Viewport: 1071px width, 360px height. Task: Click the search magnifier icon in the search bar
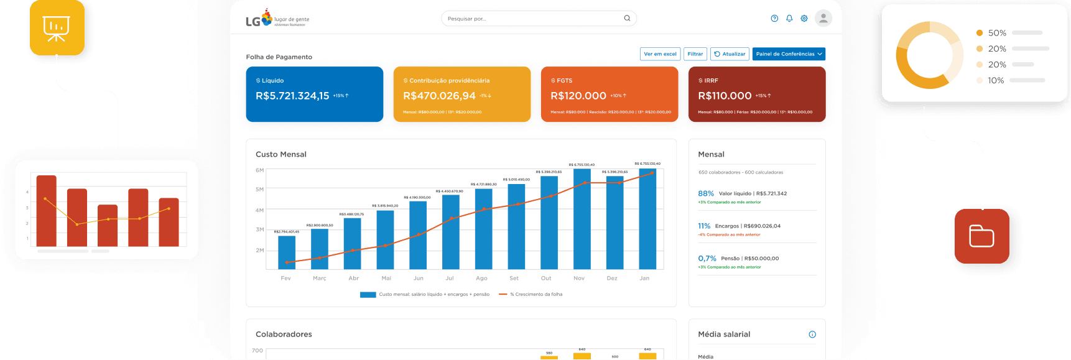click(x=627, y=18)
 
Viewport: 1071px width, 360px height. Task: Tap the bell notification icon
click(x=789, y=19)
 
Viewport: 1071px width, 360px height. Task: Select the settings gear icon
click(x=804, y=19)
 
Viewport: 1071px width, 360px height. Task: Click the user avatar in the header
click(x=823, y=18)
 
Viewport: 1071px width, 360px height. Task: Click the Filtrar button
click(x=695, y=54)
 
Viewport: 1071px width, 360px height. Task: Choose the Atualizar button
click(x=730, y=54)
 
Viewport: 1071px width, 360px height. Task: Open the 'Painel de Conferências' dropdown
click(x=789, y=54)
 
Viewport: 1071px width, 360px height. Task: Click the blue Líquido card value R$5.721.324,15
click(x=292, y=96)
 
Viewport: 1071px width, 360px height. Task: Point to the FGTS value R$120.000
click(x=578, y=96)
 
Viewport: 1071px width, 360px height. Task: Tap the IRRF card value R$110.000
click(x=725, y=96)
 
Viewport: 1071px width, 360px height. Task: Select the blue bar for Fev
click(x=287, y=252)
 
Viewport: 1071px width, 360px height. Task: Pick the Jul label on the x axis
click(x=450, y=279)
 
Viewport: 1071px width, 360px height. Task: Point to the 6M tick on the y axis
click(x=259, y=170)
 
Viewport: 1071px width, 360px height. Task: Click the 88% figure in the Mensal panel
click(x=706, y=193)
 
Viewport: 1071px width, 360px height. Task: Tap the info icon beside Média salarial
click(x=812, y=335)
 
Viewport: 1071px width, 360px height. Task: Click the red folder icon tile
click(x=981, y=236)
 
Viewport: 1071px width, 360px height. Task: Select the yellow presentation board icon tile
click(x=57, y=28)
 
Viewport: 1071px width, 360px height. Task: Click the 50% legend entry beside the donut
click(x=997, y=33)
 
